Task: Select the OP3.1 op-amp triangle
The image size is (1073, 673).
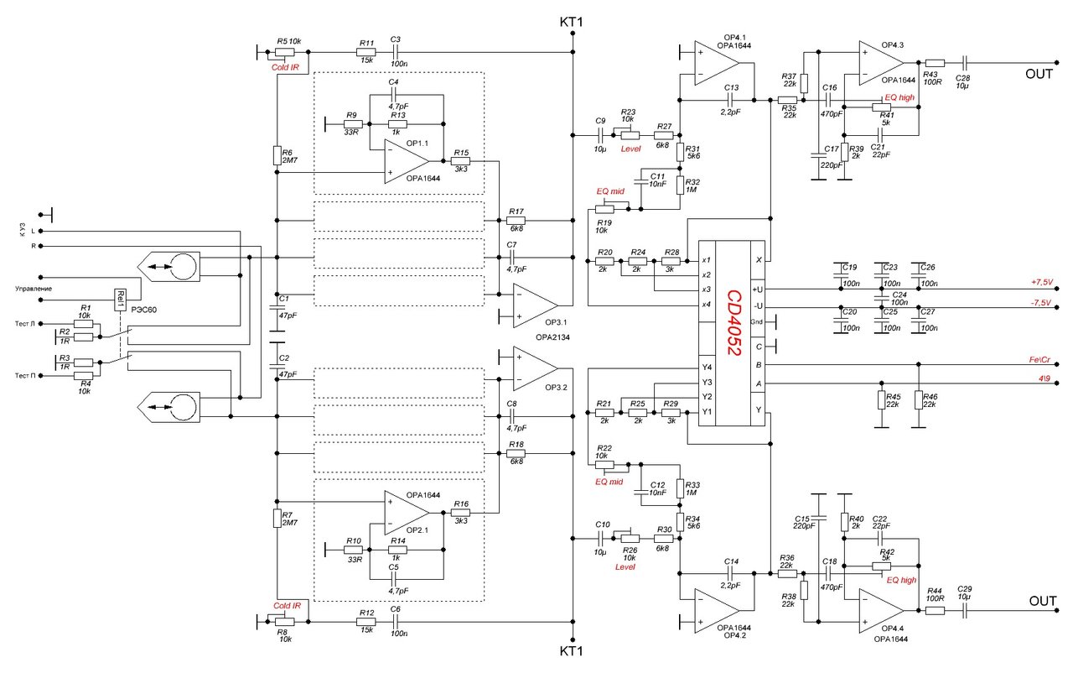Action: tap(535, 305)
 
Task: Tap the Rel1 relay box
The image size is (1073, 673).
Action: tap(120, 300)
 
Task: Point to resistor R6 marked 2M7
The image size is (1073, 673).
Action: tap(277, 155)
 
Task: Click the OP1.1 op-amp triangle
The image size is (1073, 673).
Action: tap(407, 161)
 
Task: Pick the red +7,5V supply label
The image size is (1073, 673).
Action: tap(1042, 282)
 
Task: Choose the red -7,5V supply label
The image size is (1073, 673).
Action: tap(1041, 302)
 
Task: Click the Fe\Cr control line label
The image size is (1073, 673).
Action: tap(1039, 359)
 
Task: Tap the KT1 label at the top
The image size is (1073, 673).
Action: tap(572, 22)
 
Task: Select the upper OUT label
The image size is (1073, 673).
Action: tap(1039, 74)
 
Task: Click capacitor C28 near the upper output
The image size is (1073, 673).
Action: tap(965, 62)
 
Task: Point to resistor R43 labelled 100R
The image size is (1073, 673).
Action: tap(935, 63)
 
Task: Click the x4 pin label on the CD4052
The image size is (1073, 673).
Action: tap(706, 304)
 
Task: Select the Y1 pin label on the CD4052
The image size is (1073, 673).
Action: tap(707, 411)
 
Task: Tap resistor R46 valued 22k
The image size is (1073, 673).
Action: tap(918, 399)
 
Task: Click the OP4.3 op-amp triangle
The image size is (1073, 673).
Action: tap(881, 63)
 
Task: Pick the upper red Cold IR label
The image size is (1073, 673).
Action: tap(285, 68)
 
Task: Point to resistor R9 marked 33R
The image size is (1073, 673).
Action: tap(353, 123)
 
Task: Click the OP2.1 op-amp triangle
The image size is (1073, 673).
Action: tap(407, 513)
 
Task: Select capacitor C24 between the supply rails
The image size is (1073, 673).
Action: tap(882, 298)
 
